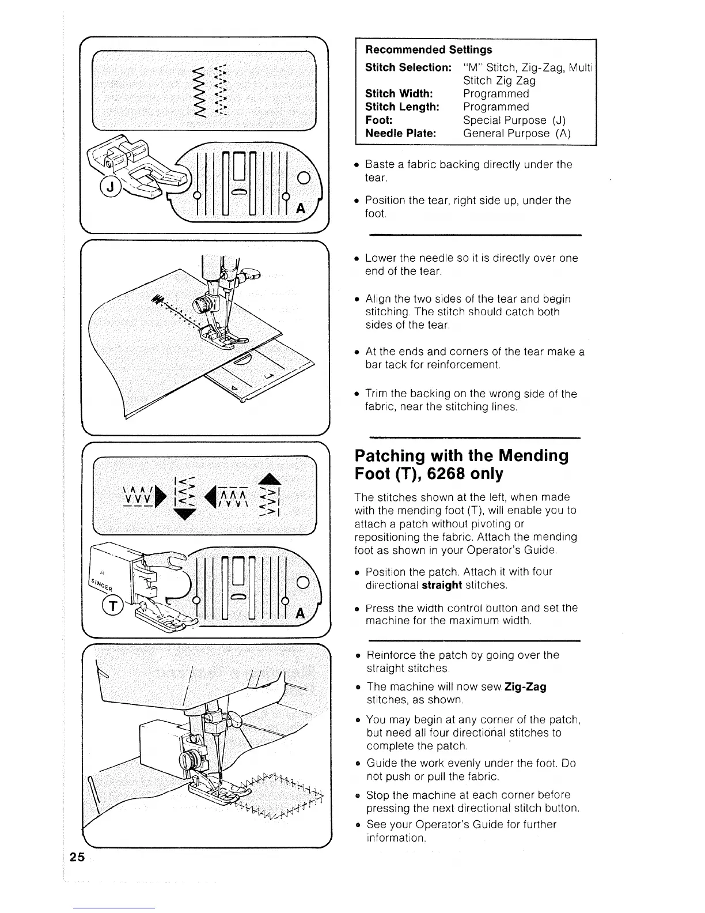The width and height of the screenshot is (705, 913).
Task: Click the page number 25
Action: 77,858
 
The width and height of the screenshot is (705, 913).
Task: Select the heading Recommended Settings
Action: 429,50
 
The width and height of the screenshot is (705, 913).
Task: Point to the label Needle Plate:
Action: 400,133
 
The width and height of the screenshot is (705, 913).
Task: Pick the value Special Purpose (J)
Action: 514,120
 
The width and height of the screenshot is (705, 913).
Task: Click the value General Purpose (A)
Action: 517,133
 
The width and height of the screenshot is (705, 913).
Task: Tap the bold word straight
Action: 442,585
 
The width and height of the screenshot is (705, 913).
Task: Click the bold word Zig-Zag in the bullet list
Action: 525,686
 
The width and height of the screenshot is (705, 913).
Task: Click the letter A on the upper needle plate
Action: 300,209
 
